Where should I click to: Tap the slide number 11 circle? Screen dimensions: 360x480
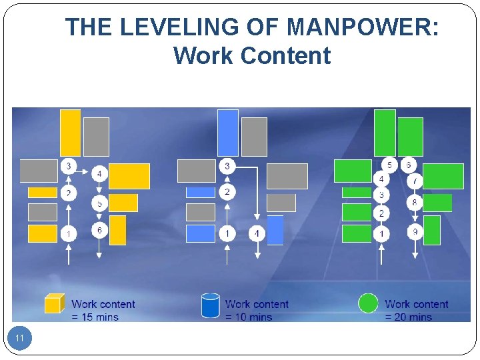19,339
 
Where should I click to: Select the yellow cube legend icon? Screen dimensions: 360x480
54,304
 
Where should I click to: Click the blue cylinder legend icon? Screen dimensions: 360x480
211,305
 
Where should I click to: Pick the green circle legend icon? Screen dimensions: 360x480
368,303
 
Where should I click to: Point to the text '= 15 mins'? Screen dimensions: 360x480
95,317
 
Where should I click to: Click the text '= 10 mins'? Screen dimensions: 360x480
249,317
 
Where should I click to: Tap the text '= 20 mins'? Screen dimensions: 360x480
409,317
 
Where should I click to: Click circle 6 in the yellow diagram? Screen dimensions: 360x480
99,231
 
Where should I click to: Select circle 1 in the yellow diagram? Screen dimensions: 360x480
69,233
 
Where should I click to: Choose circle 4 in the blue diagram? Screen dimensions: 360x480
257,233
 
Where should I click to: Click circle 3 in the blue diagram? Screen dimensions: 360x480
227,165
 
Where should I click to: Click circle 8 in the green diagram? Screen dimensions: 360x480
415,202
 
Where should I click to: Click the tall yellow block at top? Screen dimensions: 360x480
70,132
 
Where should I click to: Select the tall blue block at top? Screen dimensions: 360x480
227,132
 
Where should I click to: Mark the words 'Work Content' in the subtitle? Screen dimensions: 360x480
252,55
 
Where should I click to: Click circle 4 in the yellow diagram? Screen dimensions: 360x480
99,174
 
